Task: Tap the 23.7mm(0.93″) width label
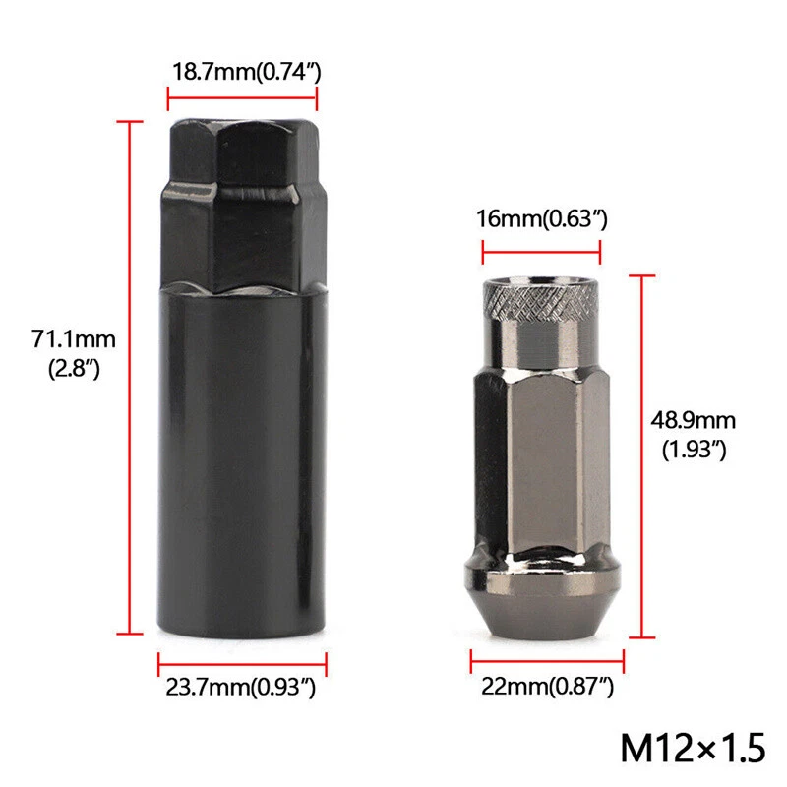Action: click(241, 690)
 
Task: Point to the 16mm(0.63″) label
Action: click(542, 218)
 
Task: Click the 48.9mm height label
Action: click(692, 421)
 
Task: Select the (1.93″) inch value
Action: click(692, 451)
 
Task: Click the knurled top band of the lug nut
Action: click(540, 297)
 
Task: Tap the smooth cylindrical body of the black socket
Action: click(242, 462)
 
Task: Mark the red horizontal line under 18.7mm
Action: click(242, 96)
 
